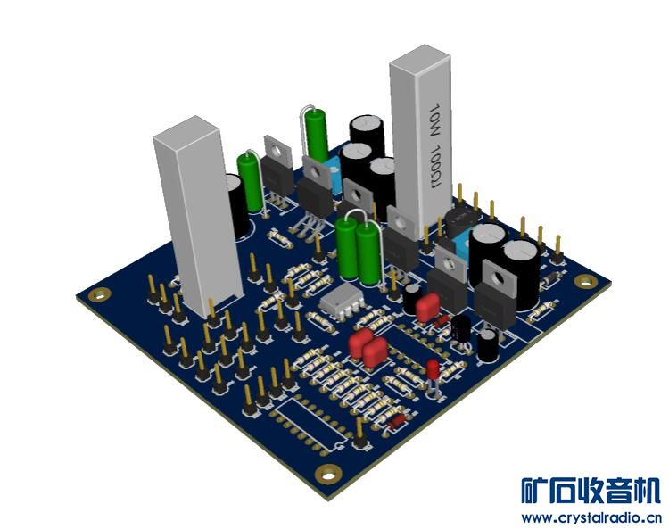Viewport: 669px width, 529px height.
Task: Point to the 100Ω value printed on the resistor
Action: click(x=436, y=167)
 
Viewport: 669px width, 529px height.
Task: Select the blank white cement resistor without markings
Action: click(x=198, y=216)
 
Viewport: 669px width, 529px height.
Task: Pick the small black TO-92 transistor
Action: click(x=461, y=330)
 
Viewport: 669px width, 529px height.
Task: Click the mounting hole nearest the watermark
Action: click(x=327, y=474)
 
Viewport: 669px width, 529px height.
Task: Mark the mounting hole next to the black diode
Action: click(x=586, y=281)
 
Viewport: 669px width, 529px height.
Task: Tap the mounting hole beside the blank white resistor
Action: click(x=100, y=294)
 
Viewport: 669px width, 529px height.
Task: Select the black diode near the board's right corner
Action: click(x=551, y=278)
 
